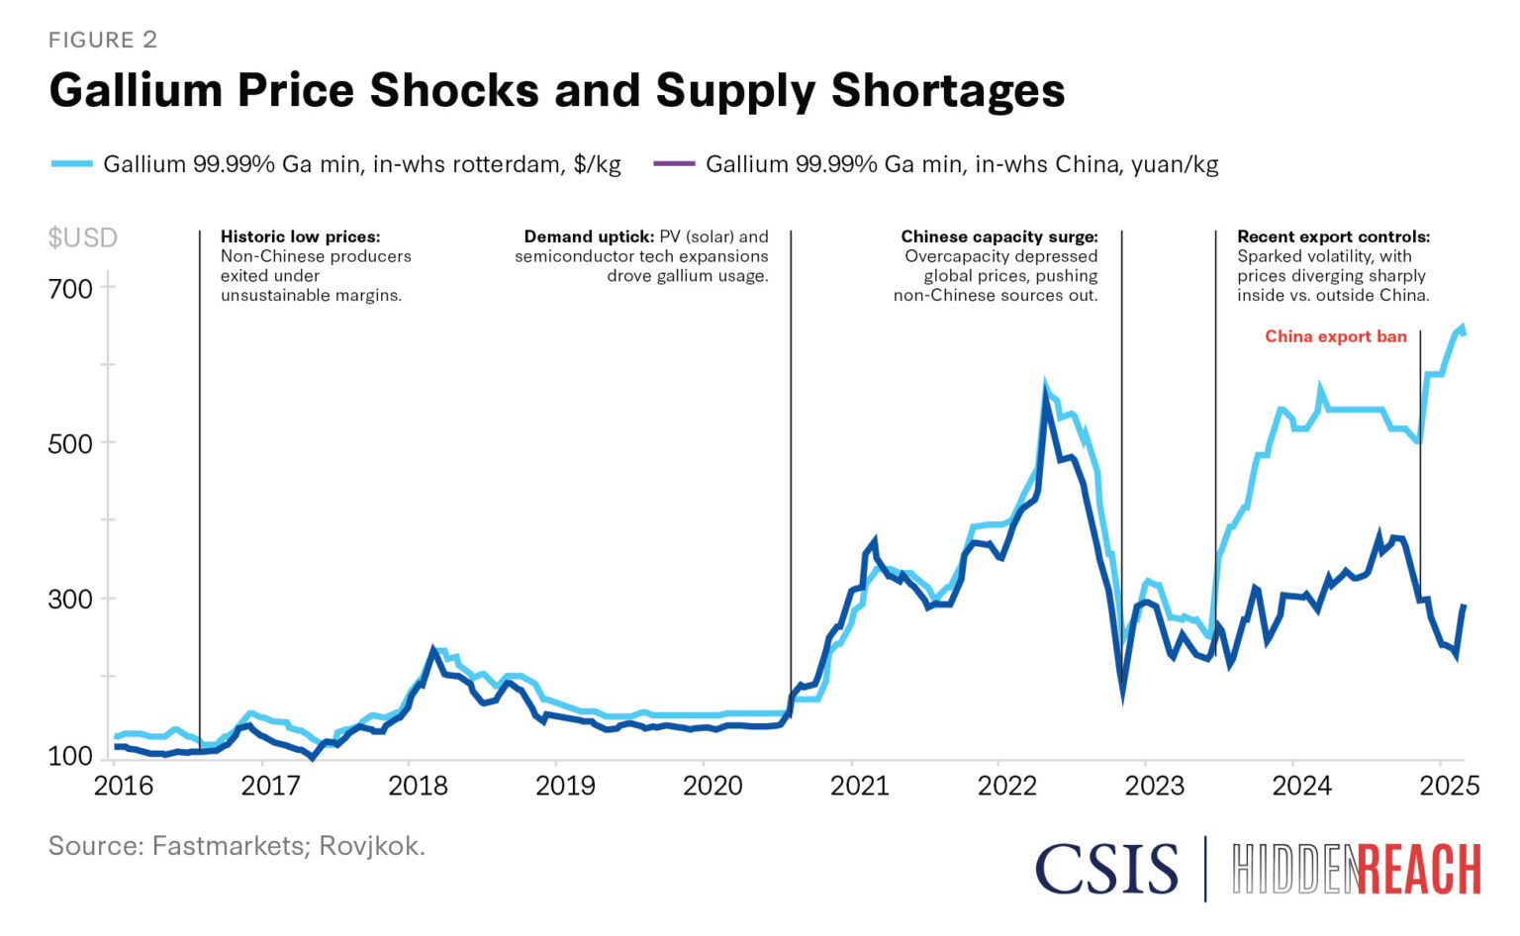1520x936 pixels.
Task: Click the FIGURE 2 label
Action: pos(103,40)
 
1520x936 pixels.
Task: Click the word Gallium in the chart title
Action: pos(135,90)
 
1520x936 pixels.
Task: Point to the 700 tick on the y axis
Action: pos(70,289)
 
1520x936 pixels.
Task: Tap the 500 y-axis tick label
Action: pos(70,444)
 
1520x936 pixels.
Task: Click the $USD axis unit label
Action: pos(83,237)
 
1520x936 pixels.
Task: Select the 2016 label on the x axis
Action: pos(124,786)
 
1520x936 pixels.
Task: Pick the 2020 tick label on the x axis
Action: pos(712,786)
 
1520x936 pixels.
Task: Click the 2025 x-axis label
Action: pos(1450,786)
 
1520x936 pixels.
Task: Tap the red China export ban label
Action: pos(1335,336)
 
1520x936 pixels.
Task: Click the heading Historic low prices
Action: pos(300,236)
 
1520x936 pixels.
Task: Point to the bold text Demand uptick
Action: pos(588,236)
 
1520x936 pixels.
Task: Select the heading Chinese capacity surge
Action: pos(998,236)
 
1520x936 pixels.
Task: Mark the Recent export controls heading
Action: pos(1333,236)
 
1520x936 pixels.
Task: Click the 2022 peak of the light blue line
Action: pos(1046,384)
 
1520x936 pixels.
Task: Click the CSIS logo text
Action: pos(1106,869)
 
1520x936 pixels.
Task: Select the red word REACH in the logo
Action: pos(1419,871)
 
